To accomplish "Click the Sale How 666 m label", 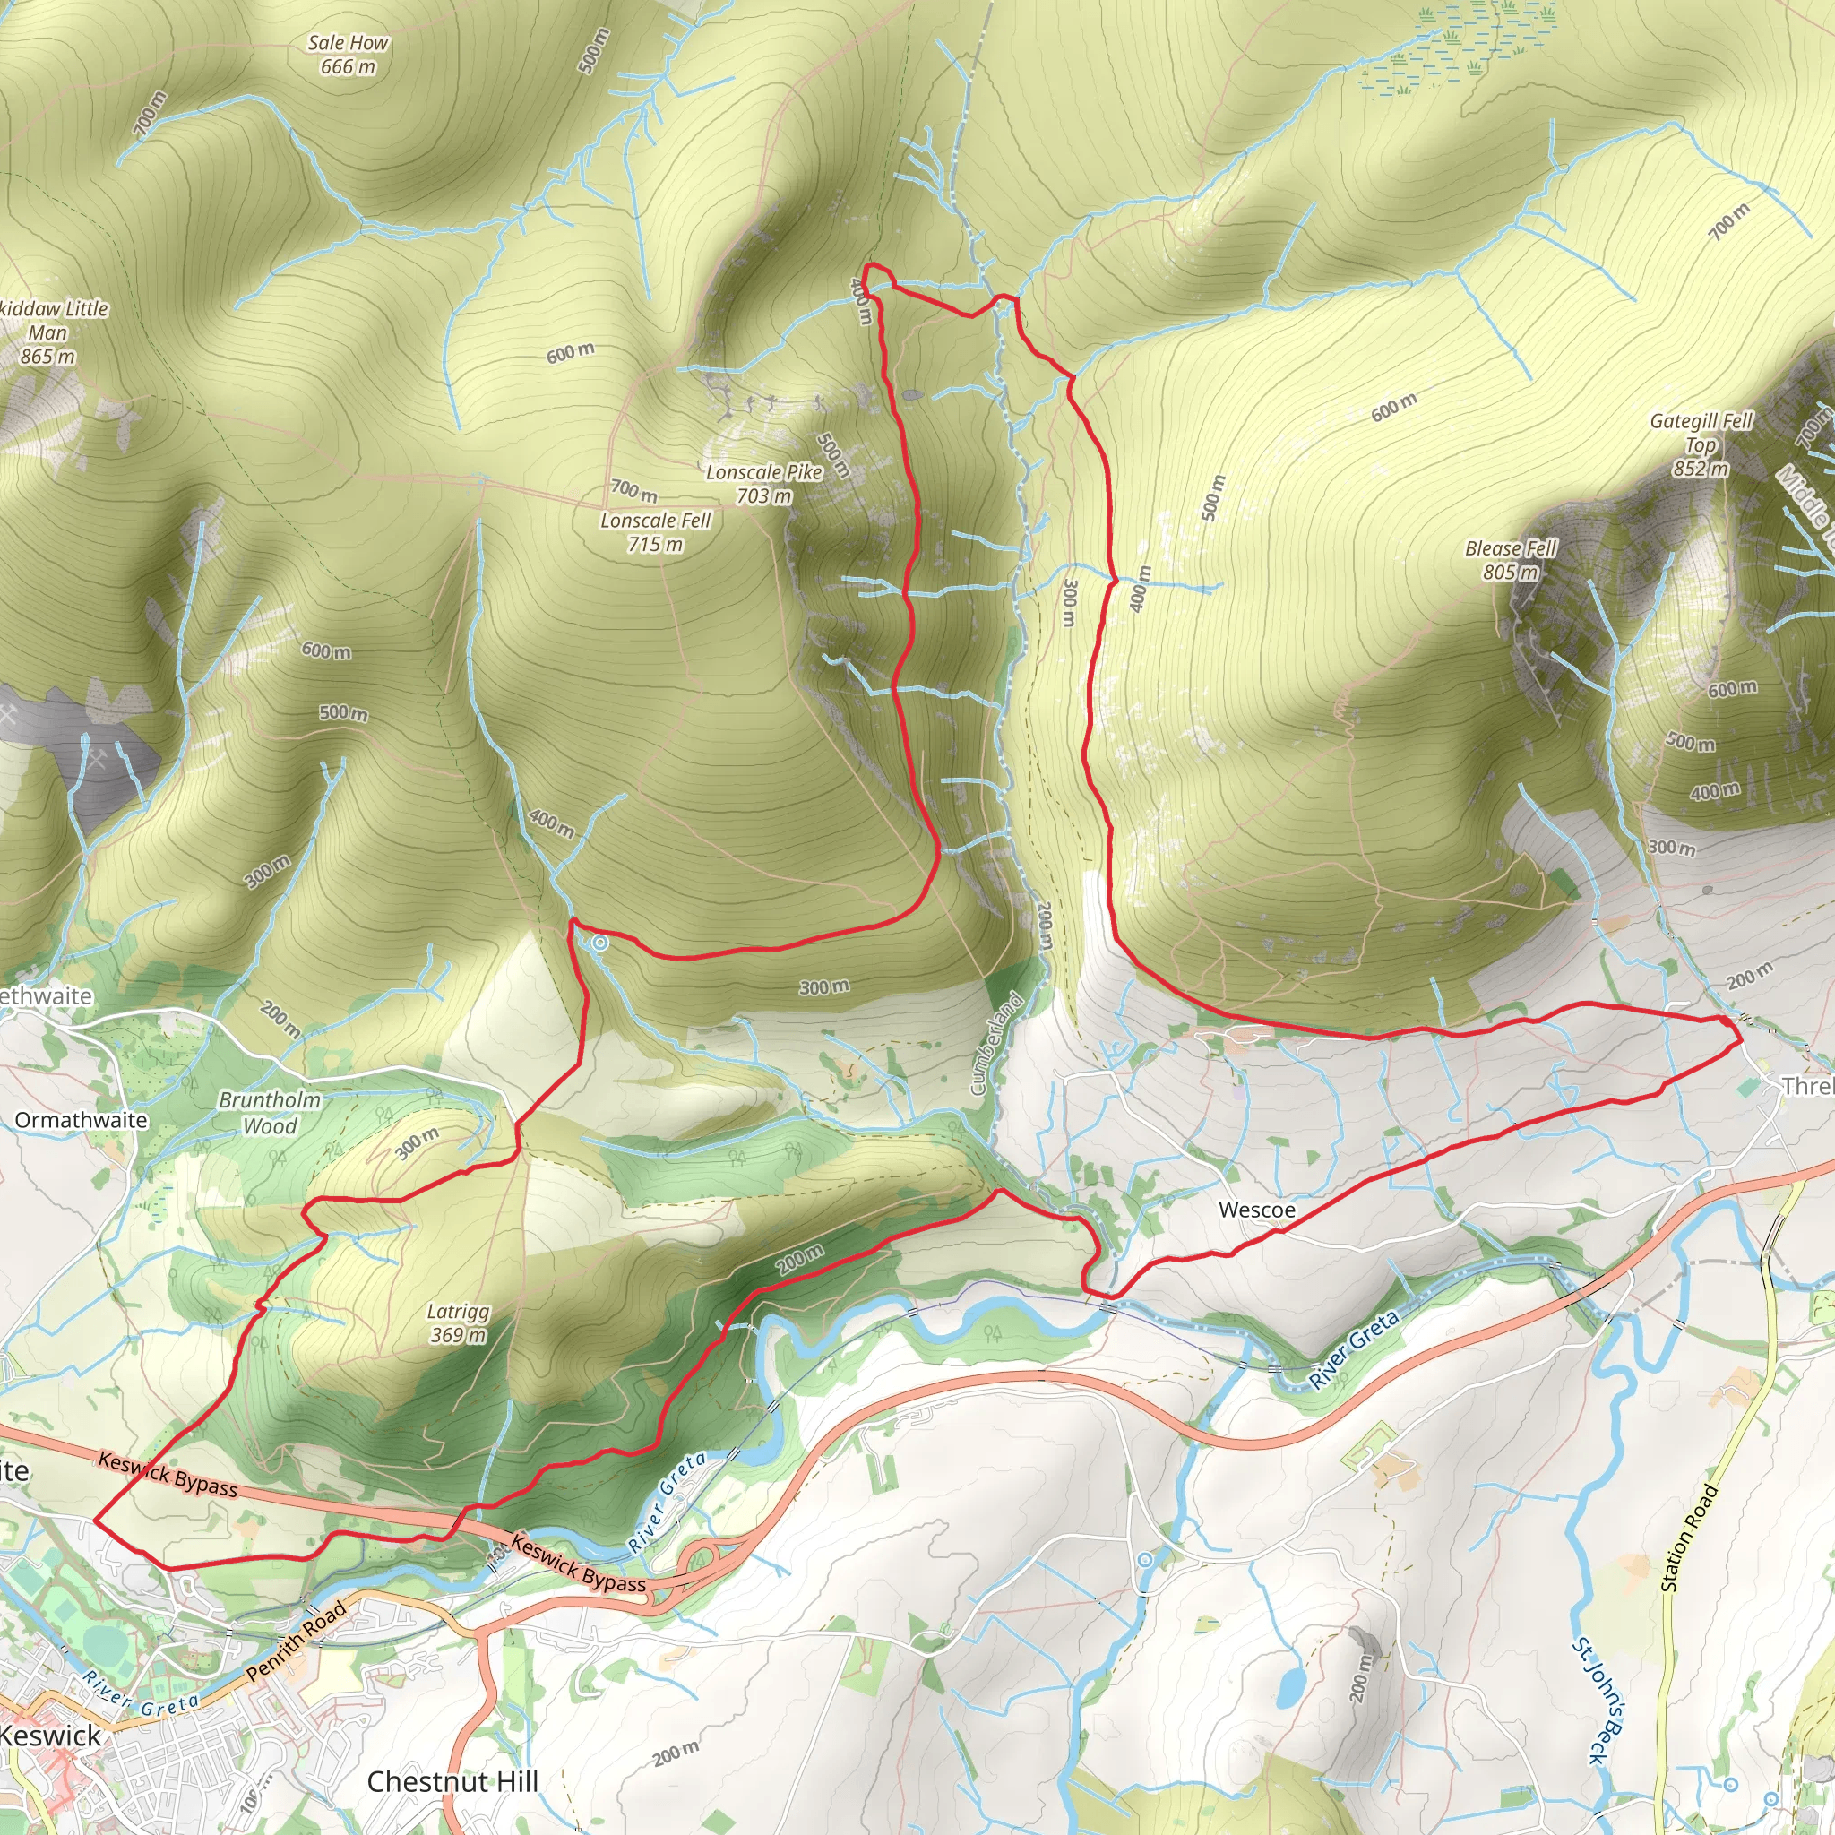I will (x=348, y=55).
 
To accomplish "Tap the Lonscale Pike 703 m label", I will (x=763, y=484).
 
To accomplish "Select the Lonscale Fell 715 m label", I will (x=655, y=532).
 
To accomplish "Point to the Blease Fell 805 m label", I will (x=1510, y=560).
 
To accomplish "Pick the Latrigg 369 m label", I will (x=458, y=1323).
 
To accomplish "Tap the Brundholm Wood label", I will (x=270, y=1113).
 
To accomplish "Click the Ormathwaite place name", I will (x=81, y=1121).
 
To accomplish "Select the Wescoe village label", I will (x=1256, y=1210).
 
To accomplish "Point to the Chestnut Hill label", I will (x=452, y=1782).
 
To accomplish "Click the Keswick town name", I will (x=49, y=1736).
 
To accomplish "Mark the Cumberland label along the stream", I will (x=996, y=1043).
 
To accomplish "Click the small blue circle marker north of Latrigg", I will (x=600, y=943).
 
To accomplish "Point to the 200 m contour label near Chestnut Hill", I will (x=676, y=1753).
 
